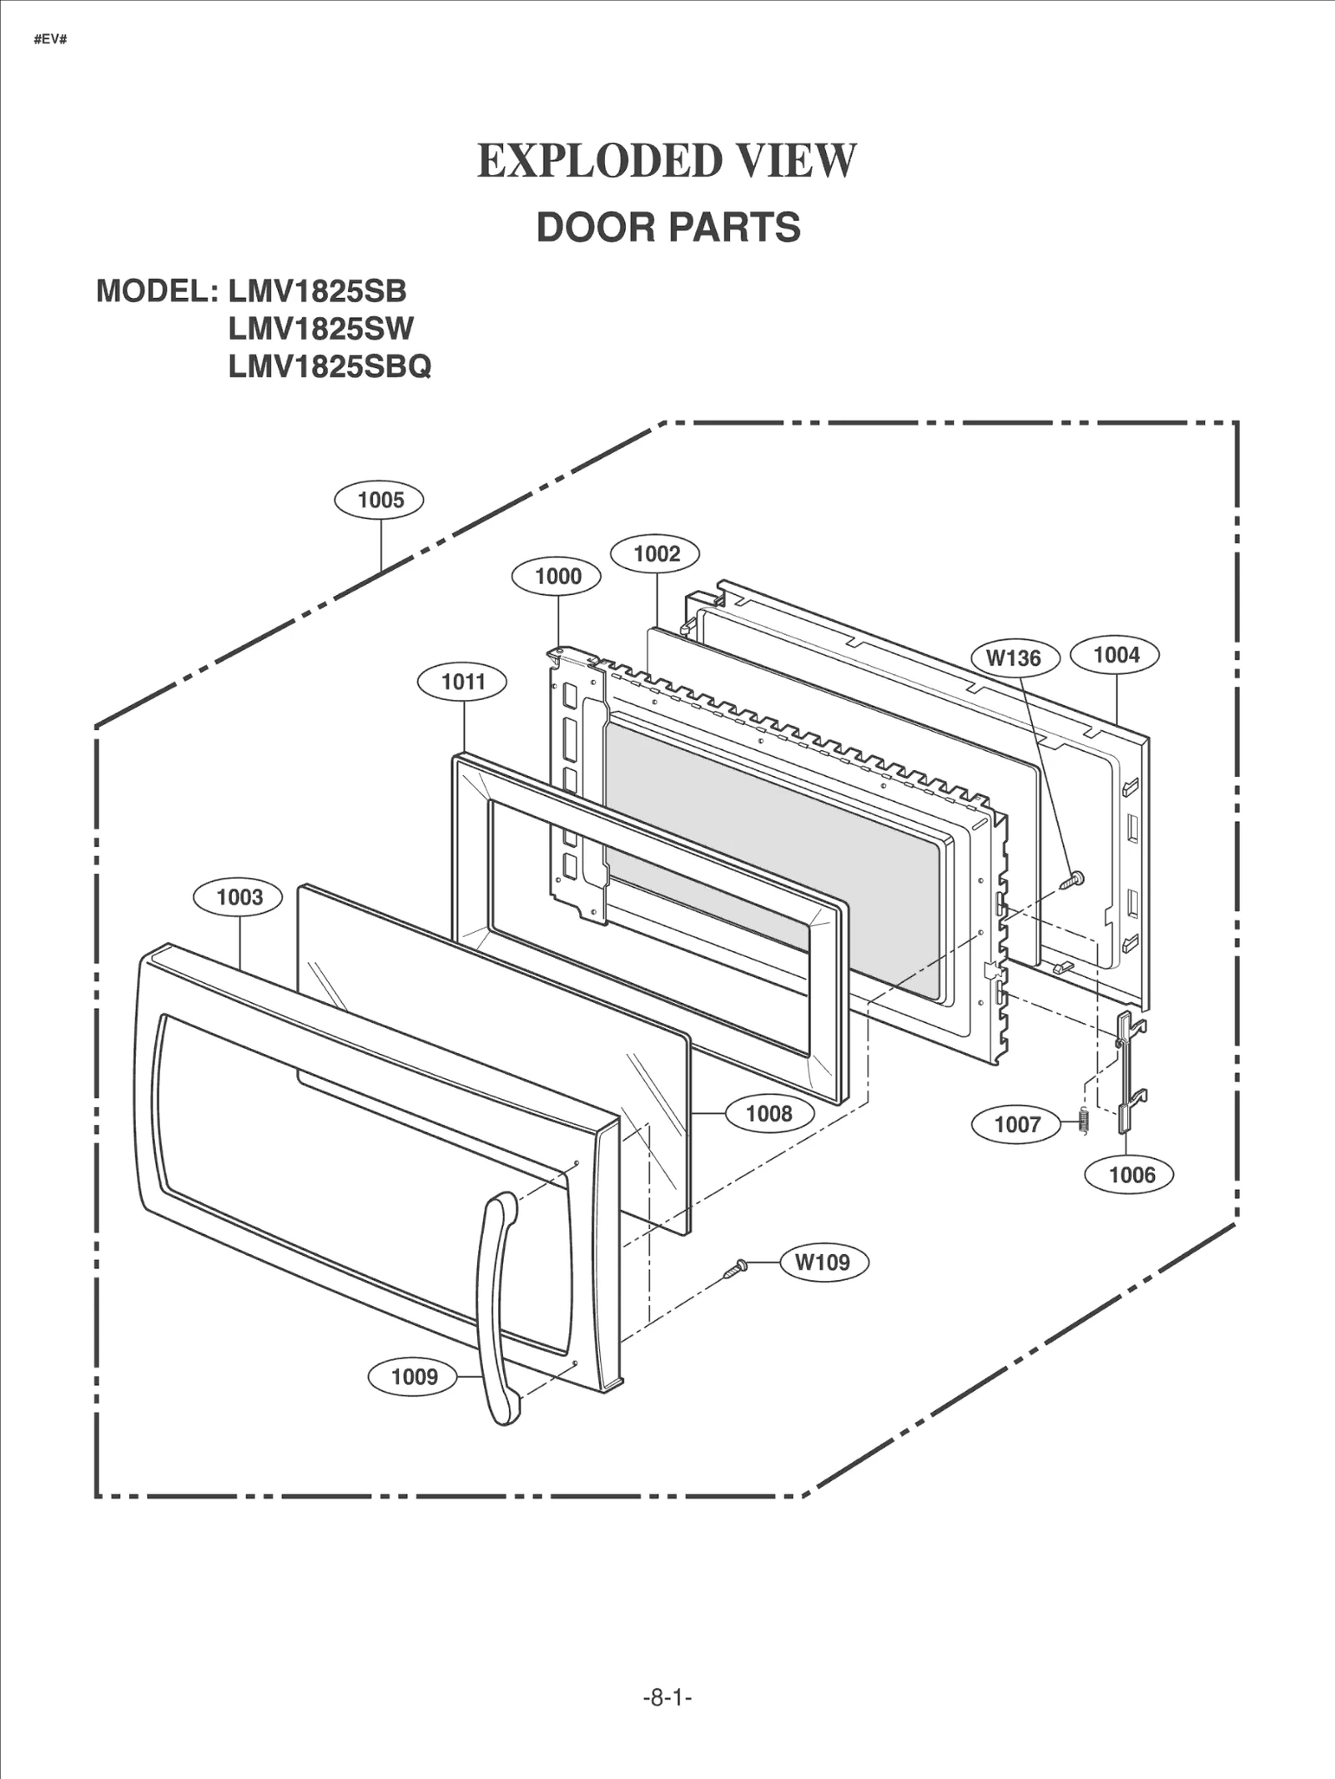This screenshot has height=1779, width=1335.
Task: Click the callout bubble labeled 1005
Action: point(380,500)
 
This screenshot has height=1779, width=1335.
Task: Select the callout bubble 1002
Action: point(656,553)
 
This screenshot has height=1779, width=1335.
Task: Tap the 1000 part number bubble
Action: point(557,576)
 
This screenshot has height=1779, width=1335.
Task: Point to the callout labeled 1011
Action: point(462,682)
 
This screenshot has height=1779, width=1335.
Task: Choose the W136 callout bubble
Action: point(1014,658)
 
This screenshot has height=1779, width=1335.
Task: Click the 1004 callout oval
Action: point(1116,655)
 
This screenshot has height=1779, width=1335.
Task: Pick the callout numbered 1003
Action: point(239,897)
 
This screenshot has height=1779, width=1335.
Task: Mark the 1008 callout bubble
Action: point(768,1113)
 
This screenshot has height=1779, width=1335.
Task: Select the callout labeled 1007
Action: point(1016,1124)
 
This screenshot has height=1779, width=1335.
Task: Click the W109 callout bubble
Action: point(824,1262)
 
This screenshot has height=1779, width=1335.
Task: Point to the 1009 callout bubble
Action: point(414,1376)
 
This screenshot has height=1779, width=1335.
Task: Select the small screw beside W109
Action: point(735,1269)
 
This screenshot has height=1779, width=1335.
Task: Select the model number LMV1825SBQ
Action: point(330,366)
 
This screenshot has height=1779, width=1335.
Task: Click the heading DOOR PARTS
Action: point(667,227)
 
